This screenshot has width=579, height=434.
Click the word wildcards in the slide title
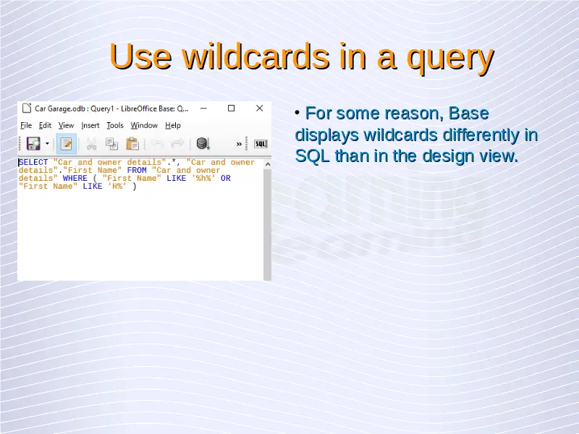coord(255,56)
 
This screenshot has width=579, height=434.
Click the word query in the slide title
coord(450,60)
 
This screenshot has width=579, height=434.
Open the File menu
coord(26,125)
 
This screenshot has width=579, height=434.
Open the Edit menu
coord(45,125)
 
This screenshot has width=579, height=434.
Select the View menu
coord(66,125)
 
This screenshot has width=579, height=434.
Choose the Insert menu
coord(90,125)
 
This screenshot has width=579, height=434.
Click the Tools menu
coord(115,125)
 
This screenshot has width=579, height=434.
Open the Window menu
coord(144,125)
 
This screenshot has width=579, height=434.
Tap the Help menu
coord(173,125)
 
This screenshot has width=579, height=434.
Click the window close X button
coord(260,108)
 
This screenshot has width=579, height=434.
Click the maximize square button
coord(231,108)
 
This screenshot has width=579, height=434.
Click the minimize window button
coord(203,109)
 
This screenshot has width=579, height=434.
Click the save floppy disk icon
coord(33,143)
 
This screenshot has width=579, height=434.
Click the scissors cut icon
coord(91,143)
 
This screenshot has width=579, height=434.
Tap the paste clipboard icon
coord(132,143)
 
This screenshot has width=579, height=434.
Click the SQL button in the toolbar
coord(261,144)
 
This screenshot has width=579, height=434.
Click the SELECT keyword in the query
coord(33,162)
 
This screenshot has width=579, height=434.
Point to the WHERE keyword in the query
coord(75,178)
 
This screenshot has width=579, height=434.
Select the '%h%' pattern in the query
coord(203,178)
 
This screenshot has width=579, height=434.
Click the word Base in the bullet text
coord(468,114)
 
